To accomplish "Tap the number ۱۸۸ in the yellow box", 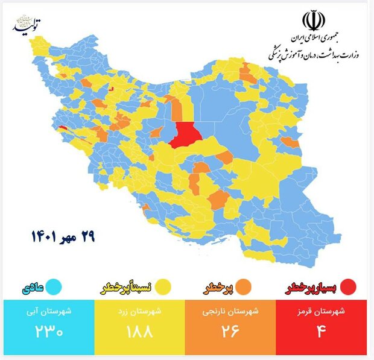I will pyautogui.click(x=139, y=332).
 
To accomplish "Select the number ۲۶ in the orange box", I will pyautogui.click(x=230, y=332).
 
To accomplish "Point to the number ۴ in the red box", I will pyautogui.click(x=321, y=332).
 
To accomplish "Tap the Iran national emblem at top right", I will pyautogui.click(x=312, y=22).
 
